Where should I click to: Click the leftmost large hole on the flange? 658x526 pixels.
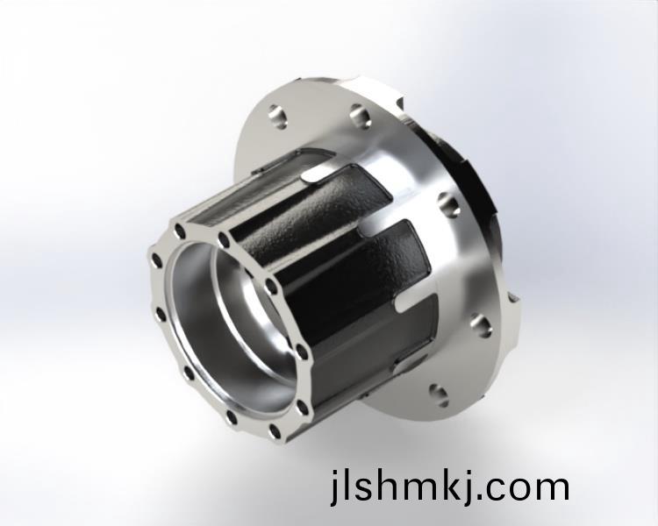coord(278,116)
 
